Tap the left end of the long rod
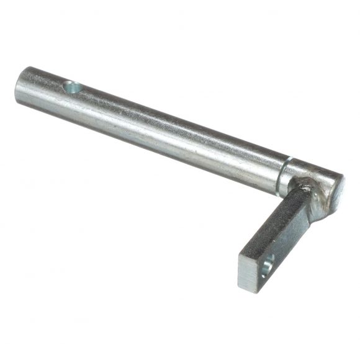[x=20, y=85]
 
